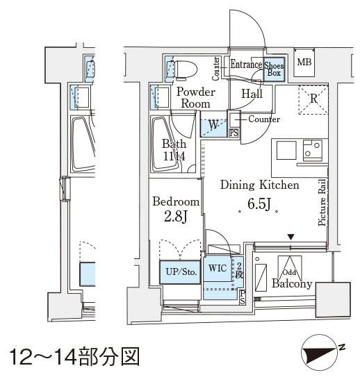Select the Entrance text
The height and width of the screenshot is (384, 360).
(x=246, y=65)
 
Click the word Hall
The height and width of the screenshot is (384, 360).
(x=252, y=94)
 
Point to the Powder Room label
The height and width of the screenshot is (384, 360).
(x=195, y=97)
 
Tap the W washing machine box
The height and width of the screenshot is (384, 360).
(x=213, y=126)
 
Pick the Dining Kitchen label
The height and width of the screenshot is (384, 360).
(x=259, y=185)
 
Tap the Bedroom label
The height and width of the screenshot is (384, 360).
(x=176, y=201)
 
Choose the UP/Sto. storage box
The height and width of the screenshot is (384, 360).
(x=179, y=272)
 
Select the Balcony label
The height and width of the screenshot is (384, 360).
(x=291, y=284)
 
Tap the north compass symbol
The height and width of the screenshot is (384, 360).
(x=321, y=353)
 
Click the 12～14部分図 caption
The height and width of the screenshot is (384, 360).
(x=75, y=358)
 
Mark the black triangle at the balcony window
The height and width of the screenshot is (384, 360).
(x=291, y=237)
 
